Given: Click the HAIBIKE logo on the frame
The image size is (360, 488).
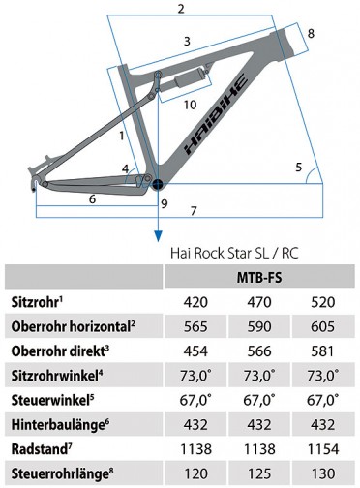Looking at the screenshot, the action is point(216,114).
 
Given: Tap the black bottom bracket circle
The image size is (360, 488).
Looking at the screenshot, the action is point(158,184).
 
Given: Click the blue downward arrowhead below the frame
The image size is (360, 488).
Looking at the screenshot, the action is point(158,236).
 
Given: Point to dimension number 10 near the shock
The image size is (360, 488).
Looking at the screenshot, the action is point(191,105).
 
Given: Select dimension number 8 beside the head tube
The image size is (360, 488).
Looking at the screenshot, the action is point(311,34).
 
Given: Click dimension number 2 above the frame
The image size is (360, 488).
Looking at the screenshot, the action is point(181,9).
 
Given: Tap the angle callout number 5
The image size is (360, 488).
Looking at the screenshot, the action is point(299,168).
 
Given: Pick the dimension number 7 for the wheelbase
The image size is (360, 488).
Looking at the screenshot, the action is point(194,211).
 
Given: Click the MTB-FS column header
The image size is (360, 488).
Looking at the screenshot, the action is point(259,277).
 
